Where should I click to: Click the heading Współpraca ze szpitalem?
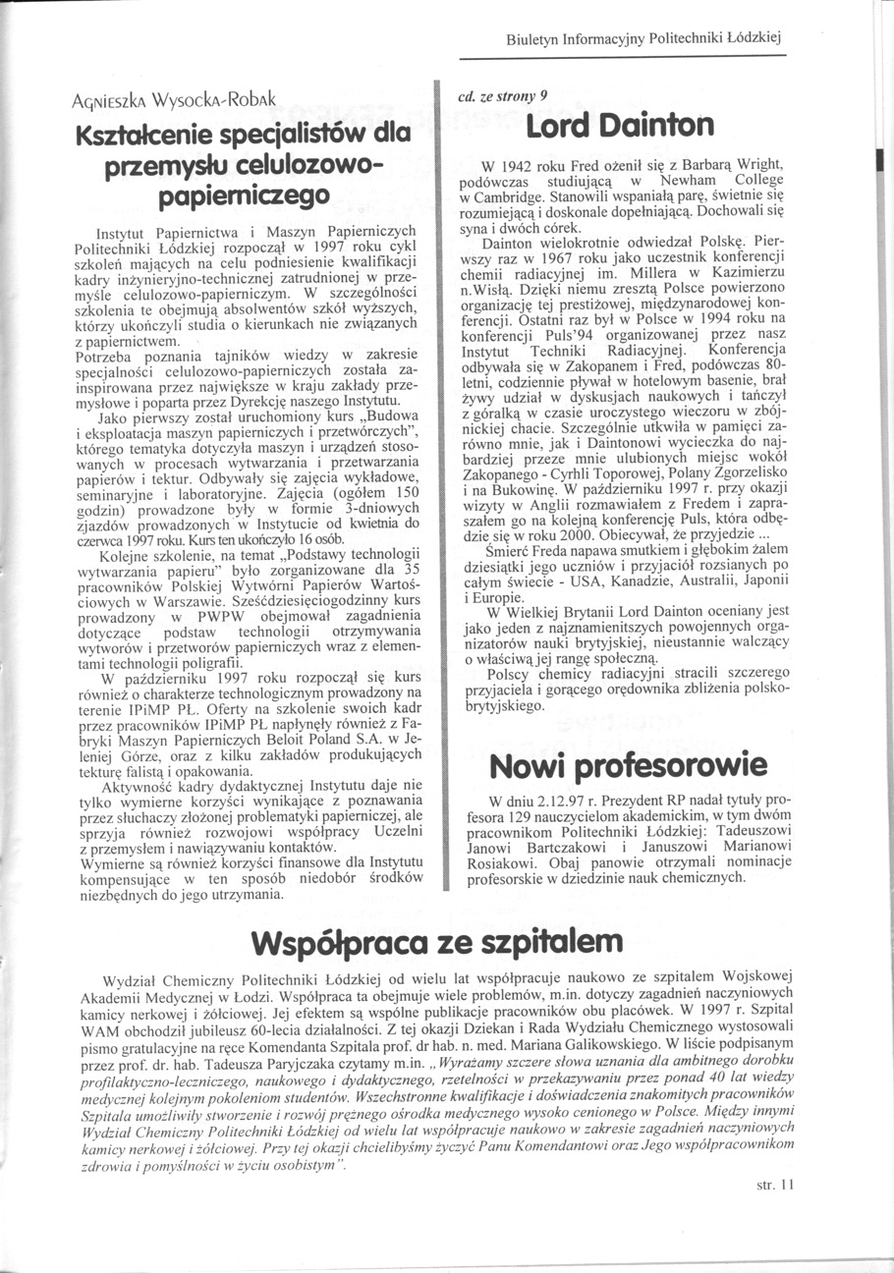pyautogui.click(x=436, y=940)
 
